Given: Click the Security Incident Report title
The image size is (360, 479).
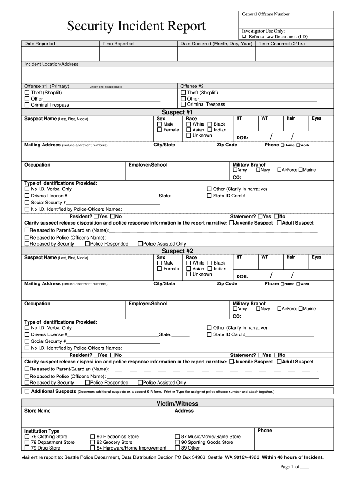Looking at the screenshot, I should [x=136, y=26].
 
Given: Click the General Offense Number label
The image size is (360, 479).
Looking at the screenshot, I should [x=266, y=14].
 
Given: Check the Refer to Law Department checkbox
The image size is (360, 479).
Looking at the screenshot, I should [x=244, y=36].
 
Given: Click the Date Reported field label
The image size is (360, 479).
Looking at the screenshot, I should [x=40, y=44].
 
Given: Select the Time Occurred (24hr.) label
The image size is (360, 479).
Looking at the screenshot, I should [x=281, y=44].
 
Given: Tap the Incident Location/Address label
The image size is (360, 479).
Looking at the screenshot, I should [x=51, y=64].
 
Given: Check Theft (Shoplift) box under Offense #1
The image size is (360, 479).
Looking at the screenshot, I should [x=27, y=93].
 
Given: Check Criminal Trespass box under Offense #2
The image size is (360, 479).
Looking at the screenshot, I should [x=183, y=105].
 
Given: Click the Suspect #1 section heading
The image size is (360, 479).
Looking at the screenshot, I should [x=177, y=112].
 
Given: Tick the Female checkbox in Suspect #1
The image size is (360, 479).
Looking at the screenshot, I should [x=159, y=130].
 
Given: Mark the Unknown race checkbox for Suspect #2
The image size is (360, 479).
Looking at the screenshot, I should [x=188, y=275].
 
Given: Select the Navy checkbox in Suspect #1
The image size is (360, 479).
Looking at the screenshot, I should [x=259, y=170].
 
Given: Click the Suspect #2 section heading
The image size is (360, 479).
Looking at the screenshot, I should [x=177, y=251].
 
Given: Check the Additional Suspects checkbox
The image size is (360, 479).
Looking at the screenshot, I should [x=27, y=391].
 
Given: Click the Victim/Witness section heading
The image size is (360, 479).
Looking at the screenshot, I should [x=177, y=404].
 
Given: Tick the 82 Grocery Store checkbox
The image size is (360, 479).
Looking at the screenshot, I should [x=93, y=442].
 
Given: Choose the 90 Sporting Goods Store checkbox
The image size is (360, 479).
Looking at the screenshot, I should [x=177, y=442].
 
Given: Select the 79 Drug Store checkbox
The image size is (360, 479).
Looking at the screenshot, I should [x=27, y=448].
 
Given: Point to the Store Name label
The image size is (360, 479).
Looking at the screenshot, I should [x=37, y=411].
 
